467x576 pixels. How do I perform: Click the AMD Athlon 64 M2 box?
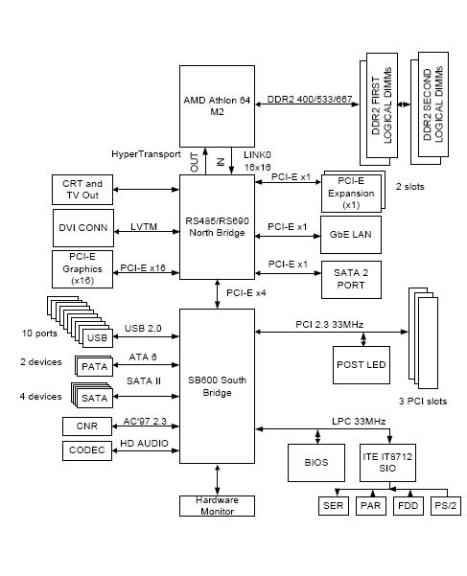click(x=217, y=106)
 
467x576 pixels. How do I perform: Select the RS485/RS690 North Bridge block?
click(x=217, y=226)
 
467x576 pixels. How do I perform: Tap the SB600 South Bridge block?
click(x=217, y=386)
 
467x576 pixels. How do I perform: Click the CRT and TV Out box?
click(x=82, y=190)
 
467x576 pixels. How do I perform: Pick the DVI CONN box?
click(x=82, y=228)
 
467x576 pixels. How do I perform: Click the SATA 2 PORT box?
click(x=350, y=277)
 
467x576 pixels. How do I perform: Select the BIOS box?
click(x=316, y=462)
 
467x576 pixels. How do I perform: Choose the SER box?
click(x=332, y=506)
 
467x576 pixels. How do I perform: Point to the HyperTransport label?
click(x=144, y=153)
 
